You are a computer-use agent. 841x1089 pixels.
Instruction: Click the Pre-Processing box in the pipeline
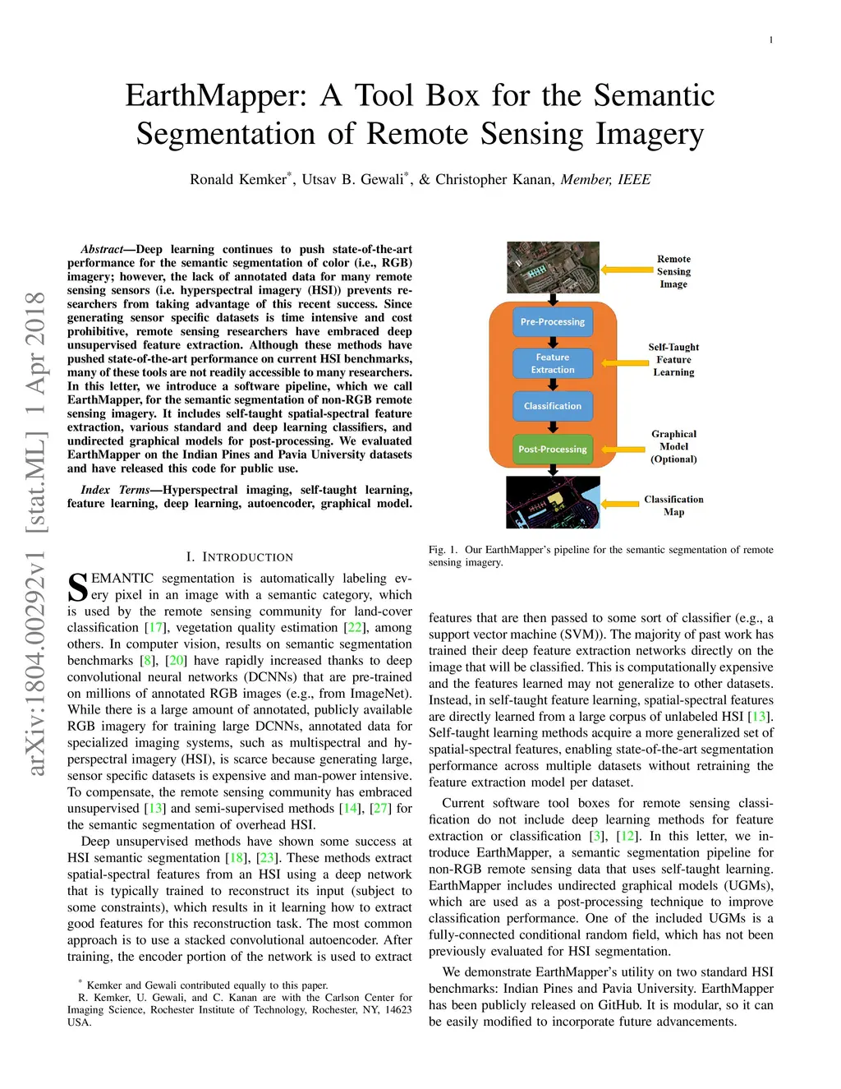pyautogui.click(x=552, y=321)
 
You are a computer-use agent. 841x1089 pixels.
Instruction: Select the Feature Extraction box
pyautogui.click(x=552, y=363)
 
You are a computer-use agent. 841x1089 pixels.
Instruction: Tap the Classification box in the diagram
pyautogui.click(x=552, y=406)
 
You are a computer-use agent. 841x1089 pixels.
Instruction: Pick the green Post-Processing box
pyautogui.click(x=552, y=449)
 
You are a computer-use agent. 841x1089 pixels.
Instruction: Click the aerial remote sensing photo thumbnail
pyautogui.click(x=553, y=267)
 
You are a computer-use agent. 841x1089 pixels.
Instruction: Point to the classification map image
pyautogui.click(x=553, y=502)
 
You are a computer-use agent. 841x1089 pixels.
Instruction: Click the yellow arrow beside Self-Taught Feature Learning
pyautogui.click(x=625, y=362)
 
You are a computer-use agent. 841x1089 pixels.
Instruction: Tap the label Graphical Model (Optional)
pyautogui.click(x=673, y=446)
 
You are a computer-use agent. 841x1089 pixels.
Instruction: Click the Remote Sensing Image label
pyautogui.click(x=673, y=271)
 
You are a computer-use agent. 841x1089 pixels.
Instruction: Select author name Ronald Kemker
pyautogui.click(x=238, y=179)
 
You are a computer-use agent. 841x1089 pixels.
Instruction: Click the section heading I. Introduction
pyautogui.click(x=239, y=556)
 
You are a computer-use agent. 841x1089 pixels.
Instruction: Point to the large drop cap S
pyautogui.click(x=78, y=588)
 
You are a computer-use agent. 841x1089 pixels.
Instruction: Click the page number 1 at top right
pyautogui.click(x=770, y=39)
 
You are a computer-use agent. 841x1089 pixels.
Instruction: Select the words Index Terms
pyautogui.click(x=115, y=490)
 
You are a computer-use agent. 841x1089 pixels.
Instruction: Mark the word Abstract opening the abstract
pyautogui.click(x=101, y=249)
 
